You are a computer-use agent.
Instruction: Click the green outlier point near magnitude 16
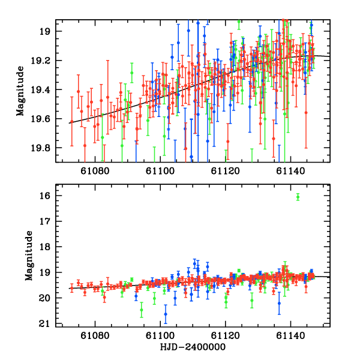point(298,197)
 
